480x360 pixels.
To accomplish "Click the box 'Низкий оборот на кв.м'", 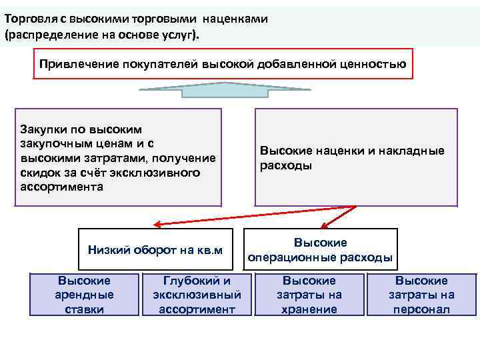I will (x=155, y=250).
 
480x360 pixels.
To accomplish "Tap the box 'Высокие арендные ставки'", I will (x=85, y=295).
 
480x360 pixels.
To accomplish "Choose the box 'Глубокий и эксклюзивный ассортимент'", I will (x=197, y=295).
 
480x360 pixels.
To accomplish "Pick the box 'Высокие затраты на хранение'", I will (x=309, y=295).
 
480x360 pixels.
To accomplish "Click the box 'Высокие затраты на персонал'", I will (x=421, y=295).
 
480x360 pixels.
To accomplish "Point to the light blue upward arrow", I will (x=224, y=90).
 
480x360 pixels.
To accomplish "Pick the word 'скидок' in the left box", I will (x=39, y=173).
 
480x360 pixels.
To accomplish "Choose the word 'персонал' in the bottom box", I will (x=421, y=309).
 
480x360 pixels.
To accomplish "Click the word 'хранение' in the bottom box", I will (x=309, y=309).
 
